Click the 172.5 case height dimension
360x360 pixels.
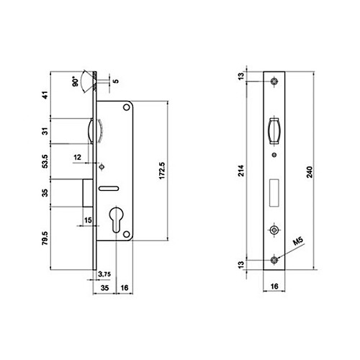pos(162,171)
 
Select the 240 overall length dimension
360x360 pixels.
pos(310,172)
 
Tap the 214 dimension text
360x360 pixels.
pos(241,171)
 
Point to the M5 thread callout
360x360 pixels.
pos(298,241)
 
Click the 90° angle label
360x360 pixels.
pos(75,81)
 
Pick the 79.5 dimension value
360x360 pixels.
pos(45,238)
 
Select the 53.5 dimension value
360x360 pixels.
pos(45,161)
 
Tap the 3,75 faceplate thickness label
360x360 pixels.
pos(104,274)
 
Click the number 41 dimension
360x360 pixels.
pos(45,95)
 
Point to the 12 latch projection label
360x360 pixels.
pos(77,157)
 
